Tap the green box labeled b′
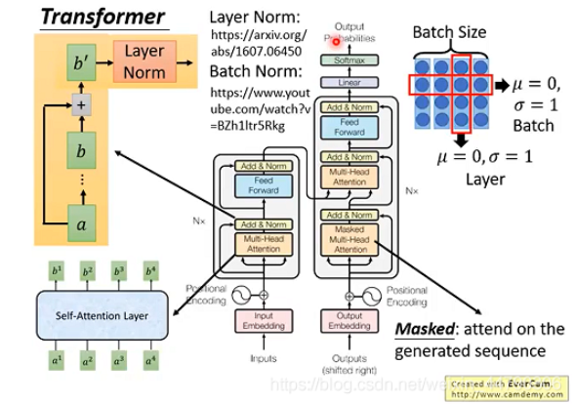[x=81, y=63]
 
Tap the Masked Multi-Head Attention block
[x=349, y=239]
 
